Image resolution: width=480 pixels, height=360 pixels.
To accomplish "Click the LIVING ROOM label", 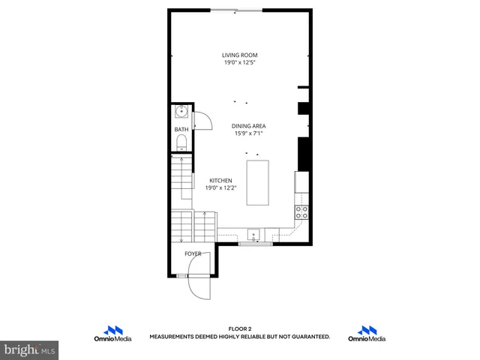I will pyautogui.click(x=239, y=55).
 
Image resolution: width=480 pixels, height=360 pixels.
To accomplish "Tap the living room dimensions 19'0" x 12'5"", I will pyautogui.click(x=239, y=62).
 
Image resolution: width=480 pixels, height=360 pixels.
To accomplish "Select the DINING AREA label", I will pyautogui.click(x=249, y=126).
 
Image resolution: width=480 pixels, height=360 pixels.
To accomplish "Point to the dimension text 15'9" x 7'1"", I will pyautogui.click(x=249, y=133).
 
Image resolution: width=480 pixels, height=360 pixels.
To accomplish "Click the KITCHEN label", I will pyautogui.click(x=220, y=181).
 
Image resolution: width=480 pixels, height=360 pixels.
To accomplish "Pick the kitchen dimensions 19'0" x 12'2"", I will pyautogui.click(x=220, y=188).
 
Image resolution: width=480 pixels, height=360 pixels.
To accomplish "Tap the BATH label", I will pyautogui.click(x=181, y=130).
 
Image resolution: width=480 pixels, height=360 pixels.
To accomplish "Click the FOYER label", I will pyautogui.click(x=193, y=253).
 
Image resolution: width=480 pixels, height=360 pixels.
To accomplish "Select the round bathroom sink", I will pyautogui.click(x=181, y=113).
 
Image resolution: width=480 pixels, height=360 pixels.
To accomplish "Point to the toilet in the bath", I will pyautogui.click(x=181, y=143).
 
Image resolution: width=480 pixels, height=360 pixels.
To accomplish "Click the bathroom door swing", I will pyautogui.click(x=200, y=120).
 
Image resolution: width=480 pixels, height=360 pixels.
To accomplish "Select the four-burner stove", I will pyautogui.click(x=302, y=212).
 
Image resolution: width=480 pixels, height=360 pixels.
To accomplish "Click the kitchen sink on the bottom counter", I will pyautogui.click(x=255, y=234).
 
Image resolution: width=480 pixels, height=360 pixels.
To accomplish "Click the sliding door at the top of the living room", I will pyautogui.click(x=237, y=10).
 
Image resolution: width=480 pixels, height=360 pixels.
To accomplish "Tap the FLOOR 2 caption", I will pyautogui.click(x=239, y=329).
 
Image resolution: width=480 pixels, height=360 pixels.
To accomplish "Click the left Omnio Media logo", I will pyautogui.click(x=112, y=334).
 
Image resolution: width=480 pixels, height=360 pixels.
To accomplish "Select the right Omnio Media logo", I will pyautogui.click(x=367, y=334).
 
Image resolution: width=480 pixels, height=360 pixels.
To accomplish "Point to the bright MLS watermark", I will pyautogui.click(x=29, y=349).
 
